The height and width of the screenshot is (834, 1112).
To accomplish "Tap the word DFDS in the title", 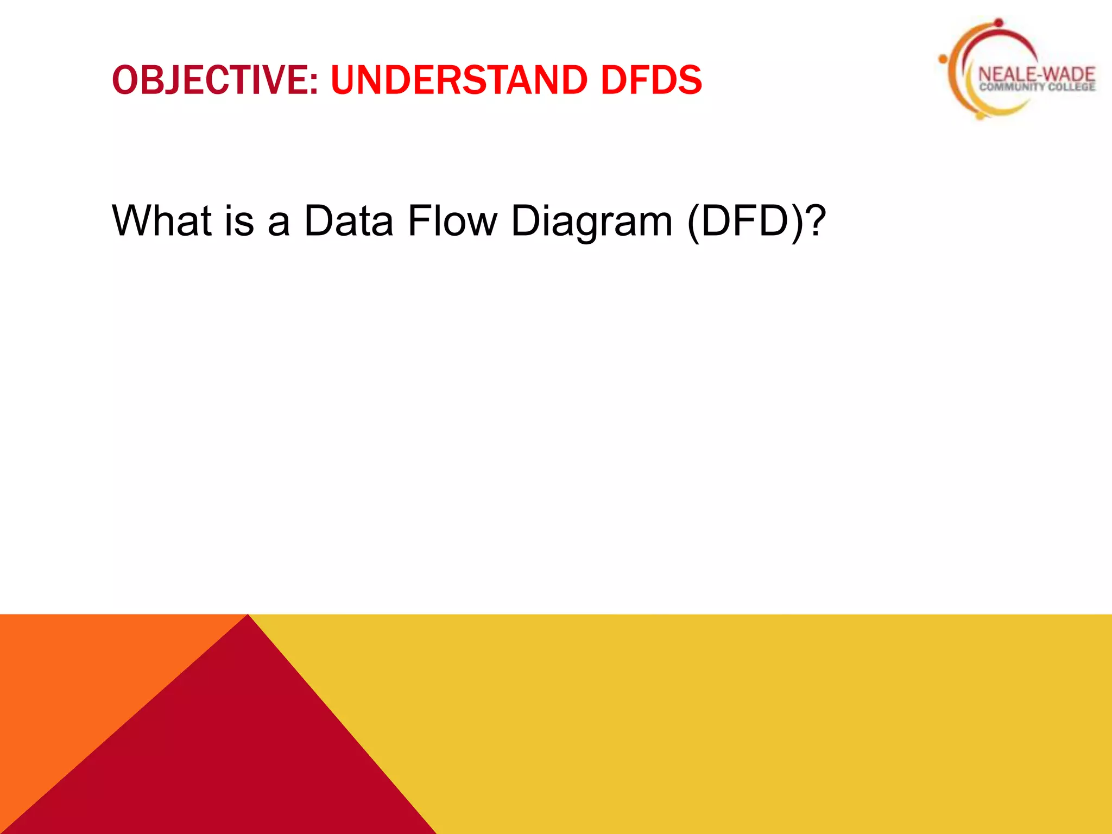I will click(651, 80).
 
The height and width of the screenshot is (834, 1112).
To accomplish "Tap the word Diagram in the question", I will click(592, 222).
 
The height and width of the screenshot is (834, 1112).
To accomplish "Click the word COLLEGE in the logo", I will click(1072, 87).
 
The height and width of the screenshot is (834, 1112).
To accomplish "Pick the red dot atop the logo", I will click(999, 23).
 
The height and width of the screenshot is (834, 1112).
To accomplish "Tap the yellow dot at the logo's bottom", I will click(980, 115).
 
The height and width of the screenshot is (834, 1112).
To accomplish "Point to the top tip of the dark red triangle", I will click(248, 616).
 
